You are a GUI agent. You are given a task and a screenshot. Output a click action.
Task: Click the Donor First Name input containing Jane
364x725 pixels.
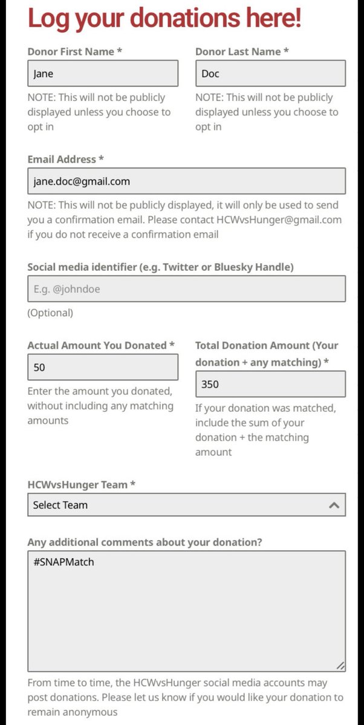click(102, 73)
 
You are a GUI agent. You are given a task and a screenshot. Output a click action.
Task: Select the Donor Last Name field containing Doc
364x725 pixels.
click(270, 73)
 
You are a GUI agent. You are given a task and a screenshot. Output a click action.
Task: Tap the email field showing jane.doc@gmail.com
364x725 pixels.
click(186, 181)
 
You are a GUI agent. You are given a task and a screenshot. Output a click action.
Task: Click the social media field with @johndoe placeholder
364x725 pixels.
click(186, 289)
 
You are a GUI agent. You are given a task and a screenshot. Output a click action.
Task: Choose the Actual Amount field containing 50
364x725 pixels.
click(102, 367)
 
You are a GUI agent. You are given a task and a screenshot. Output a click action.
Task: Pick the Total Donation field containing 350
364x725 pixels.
click(270, 384)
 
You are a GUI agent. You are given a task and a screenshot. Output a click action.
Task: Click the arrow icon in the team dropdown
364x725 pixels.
click(334, 505)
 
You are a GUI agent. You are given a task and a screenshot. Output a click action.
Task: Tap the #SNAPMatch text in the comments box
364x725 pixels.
click(63, 562)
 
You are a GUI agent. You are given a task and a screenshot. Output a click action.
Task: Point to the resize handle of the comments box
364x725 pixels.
click(341, 666)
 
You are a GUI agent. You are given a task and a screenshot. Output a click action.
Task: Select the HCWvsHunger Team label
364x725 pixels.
click(80, 485)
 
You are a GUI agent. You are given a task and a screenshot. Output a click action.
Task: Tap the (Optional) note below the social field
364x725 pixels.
click(50, 313)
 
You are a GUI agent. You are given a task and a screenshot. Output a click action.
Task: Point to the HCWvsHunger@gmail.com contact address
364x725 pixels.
click(279, 219)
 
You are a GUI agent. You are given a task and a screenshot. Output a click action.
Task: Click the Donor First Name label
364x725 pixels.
click(74, 52)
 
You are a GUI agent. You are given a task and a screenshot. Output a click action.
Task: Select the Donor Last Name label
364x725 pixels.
click(242, 52)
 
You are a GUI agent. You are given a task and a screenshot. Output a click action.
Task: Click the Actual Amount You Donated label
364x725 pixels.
click(100, 345)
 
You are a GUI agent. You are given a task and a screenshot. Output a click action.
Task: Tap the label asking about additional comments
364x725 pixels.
click(145, 542)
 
